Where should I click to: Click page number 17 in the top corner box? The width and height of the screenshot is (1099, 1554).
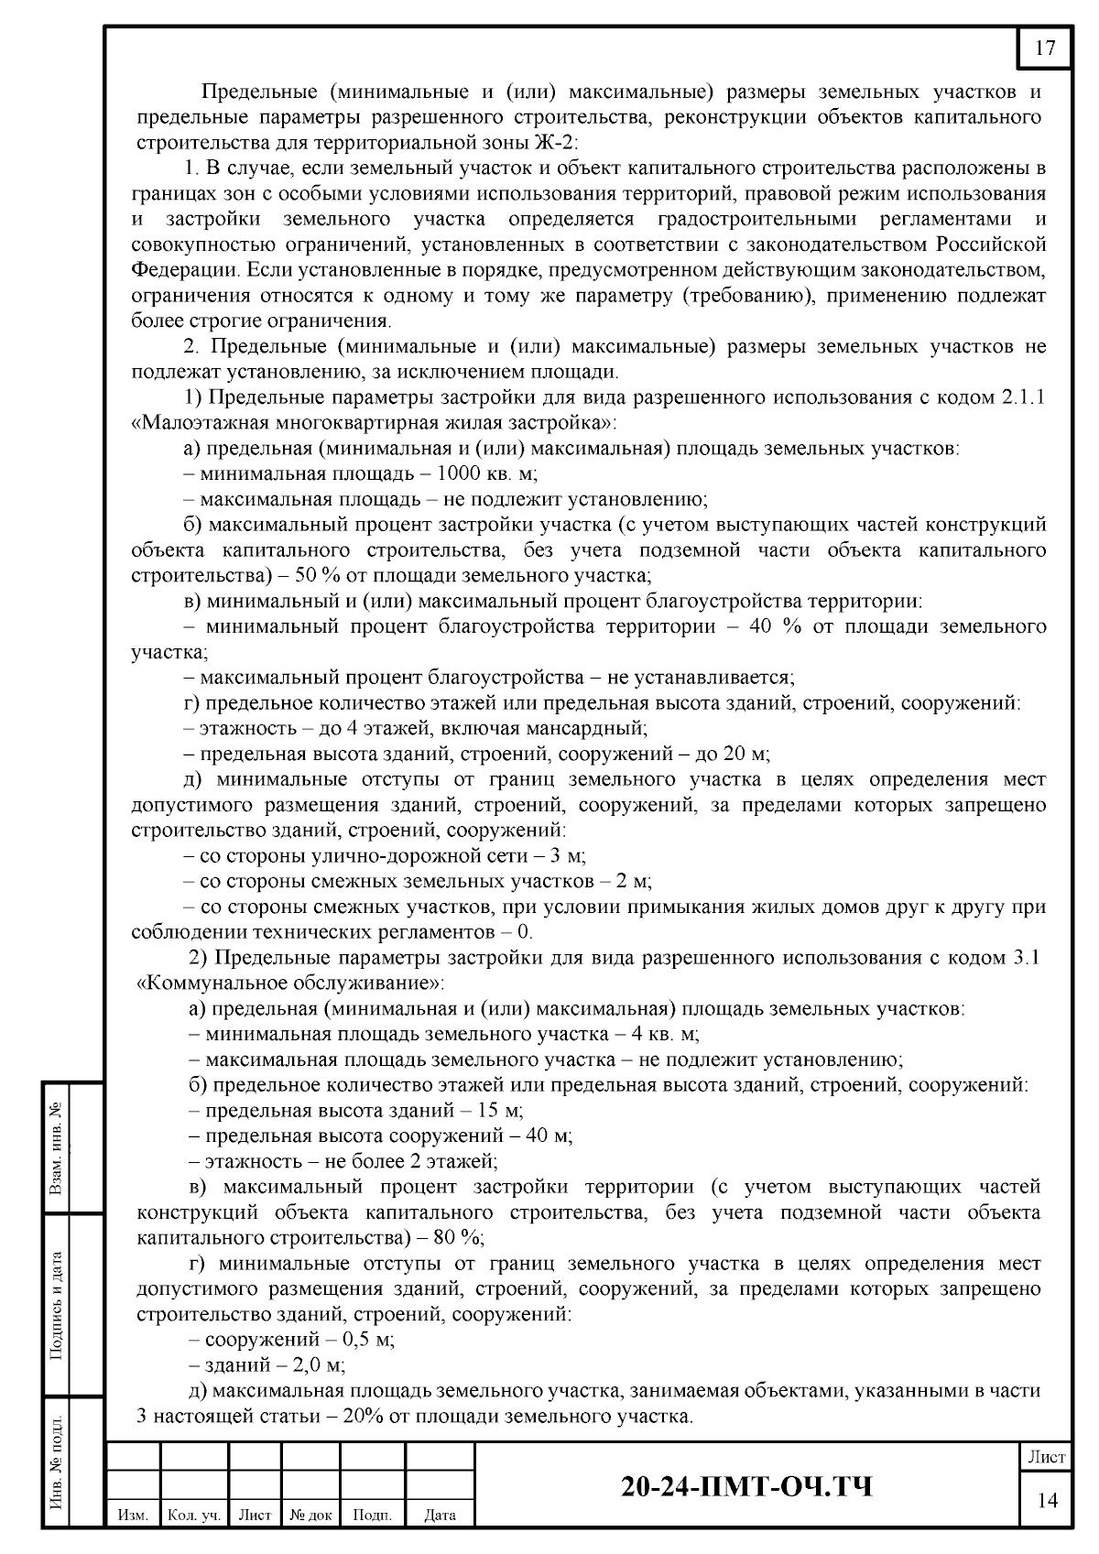tap(1045, 49)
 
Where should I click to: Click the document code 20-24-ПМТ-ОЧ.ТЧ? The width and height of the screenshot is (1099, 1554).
tap(746, 1486)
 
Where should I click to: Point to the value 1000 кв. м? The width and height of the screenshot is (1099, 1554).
tap(486, 474)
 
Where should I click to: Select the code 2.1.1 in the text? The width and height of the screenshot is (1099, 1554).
tap(1022, 397)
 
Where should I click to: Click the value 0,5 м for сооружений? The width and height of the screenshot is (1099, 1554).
tap(366, 1340)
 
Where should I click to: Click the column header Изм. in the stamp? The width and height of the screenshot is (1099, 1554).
tap(134, 1516)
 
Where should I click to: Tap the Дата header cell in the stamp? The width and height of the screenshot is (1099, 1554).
tap(441, 1516)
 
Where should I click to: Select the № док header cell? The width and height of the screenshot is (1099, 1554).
tap(310, 1516)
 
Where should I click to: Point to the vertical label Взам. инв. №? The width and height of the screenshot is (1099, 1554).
tap(57, 1147)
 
